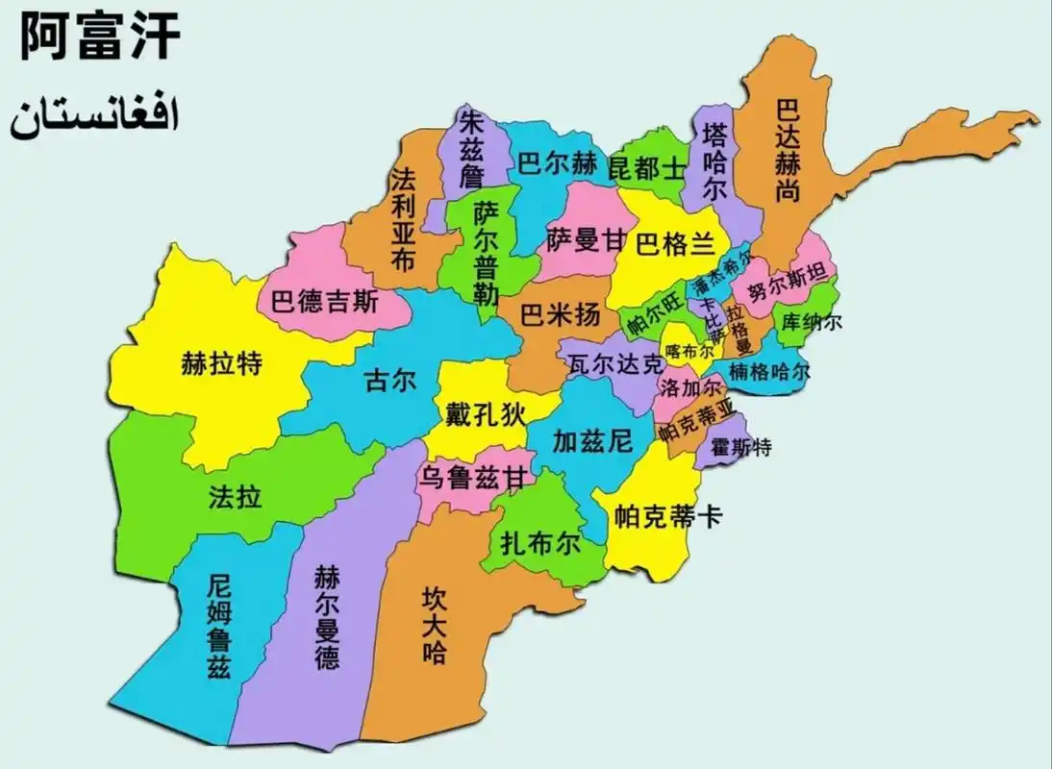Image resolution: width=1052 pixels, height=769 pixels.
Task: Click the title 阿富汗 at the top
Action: (x=100, y=38)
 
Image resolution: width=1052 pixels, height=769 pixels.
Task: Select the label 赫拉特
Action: (x=222, y=364)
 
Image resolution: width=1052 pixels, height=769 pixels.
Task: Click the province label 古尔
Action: (x=390, y=381)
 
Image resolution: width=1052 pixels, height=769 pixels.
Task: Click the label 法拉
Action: (x=235, y=497)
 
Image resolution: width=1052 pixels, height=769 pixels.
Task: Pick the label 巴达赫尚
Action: (x=789, y=148)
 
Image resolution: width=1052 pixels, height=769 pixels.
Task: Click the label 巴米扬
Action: (x=560, y=314)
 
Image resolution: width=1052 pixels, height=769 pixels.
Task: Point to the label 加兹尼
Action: (x=592, y=441)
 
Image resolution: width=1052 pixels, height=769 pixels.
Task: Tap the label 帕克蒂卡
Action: (x=667, y=516)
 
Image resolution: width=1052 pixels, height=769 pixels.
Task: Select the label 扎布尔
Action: (x=541, y=543)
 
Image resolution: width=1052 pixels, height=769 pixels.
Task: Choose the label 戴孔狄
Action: (x=486, y=414)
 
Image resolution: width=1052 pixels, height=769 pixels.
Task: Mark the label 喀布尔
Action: (x=685, y=353)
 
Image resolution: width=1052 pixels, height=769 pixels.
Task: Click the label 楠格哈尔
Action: (x=769, y=371)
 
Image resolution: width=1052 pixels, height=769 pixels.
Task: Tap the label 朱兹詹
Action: (x=471, y=148)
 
